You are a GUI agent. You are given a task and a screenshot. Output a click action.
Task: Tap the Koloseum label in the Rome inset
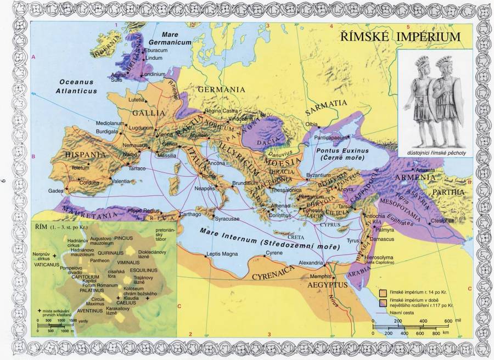(x=134, y=288)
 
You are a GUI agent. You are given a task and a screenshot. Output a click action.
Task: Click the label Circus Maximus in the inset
(x=102, y=302)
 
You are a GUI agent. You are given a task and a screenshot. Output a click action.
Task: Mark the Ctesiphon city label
(x=442, y=221)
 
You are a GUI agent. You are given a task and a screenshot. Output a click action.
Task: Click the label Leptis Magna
(x=222, y=254)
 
